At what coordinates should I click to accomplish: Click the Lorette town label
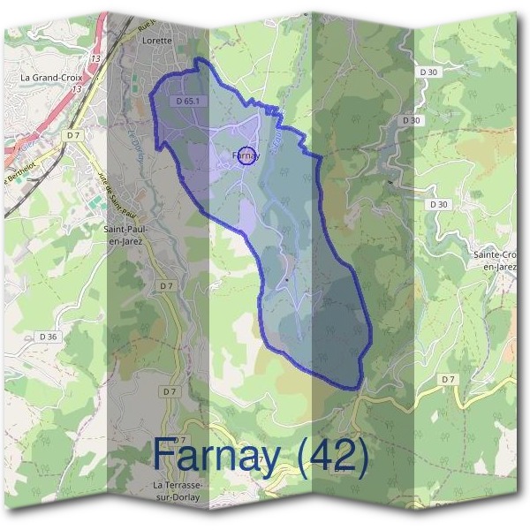(x=155, y=41)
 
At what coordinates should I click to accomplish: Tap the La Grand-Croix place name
(x=50, y=78)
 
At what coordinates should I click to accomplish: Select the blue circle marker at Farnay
(x=247, y=155)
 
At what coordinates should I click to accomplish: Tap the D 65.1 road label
(x=188, y=102)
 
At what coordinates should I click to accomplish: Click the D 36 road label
(x=49, y=336)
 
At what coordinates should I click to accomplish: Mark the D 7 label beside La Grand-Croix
(x=73, y=134)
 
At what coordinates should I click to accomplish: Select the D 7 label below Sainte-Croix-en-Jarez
(x=448, y=379)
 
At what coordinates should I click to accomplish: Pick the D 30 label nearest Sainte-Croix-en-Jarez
(x=439, y=204)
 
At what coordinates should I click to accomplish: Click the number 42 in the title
(x=331, y=455)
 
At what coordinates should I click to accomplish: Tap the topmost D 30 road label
(x=429, y=71)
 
